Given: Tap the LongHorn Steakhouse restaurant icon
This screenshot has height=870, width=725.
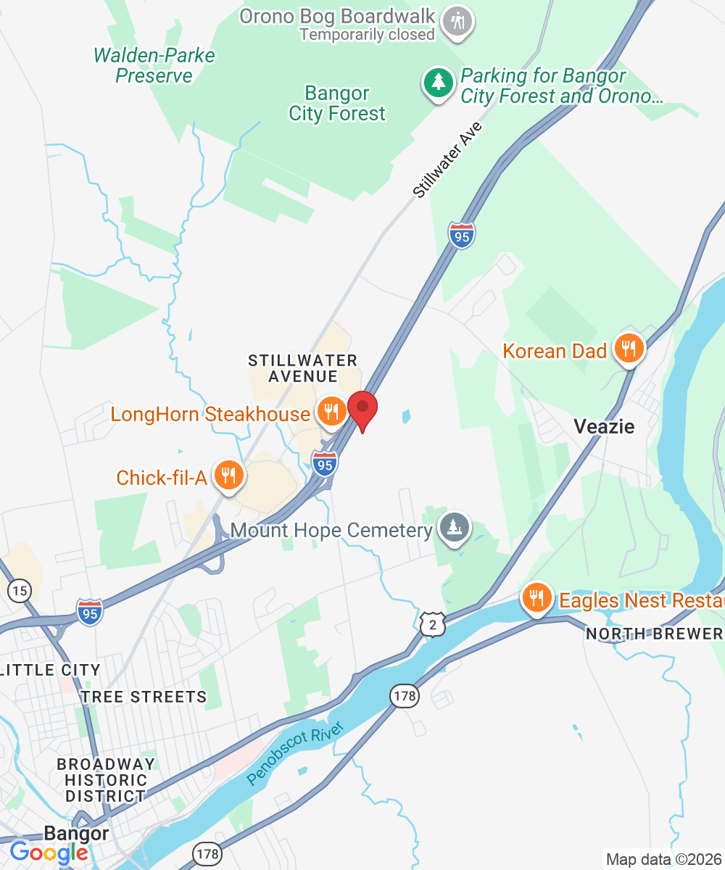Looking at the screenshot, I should pos(331,413).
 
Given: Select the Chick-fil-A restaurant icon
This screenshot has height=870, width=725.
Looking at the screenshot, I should pos(229,476).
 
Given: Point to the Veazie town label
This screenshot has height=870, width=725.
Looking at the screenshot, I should pos(604,426).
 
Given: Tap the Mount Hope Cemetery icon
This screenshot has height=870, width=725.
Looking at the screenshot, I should pos(455,529).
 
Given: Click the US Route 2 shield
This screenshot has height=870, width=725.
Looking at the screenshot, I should pos(432,623).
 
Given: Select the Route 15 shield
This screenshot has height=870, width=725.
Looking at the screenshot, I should pos(20,591).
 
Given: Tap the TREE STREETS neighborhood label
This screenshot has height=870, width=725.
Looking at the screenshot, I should pos(144,697).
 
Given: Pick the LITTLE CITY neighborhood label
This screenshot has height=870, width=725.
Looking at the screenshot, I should pos(51,669).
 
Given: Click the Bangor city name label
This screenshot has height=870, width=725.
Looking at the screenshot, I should pos(76,833).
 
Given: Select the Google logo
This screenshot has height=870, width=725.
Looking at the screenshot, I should pos(49,853).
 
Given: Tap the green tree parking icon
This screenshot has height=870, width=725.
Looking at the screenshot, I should pos(439,84).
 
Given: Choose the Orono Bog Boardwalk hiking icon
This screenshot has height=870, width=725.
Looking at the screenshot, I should pos(458,20).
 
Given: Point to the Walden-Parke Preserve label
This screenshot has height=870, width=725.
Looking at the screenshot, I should pos(154,65).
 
